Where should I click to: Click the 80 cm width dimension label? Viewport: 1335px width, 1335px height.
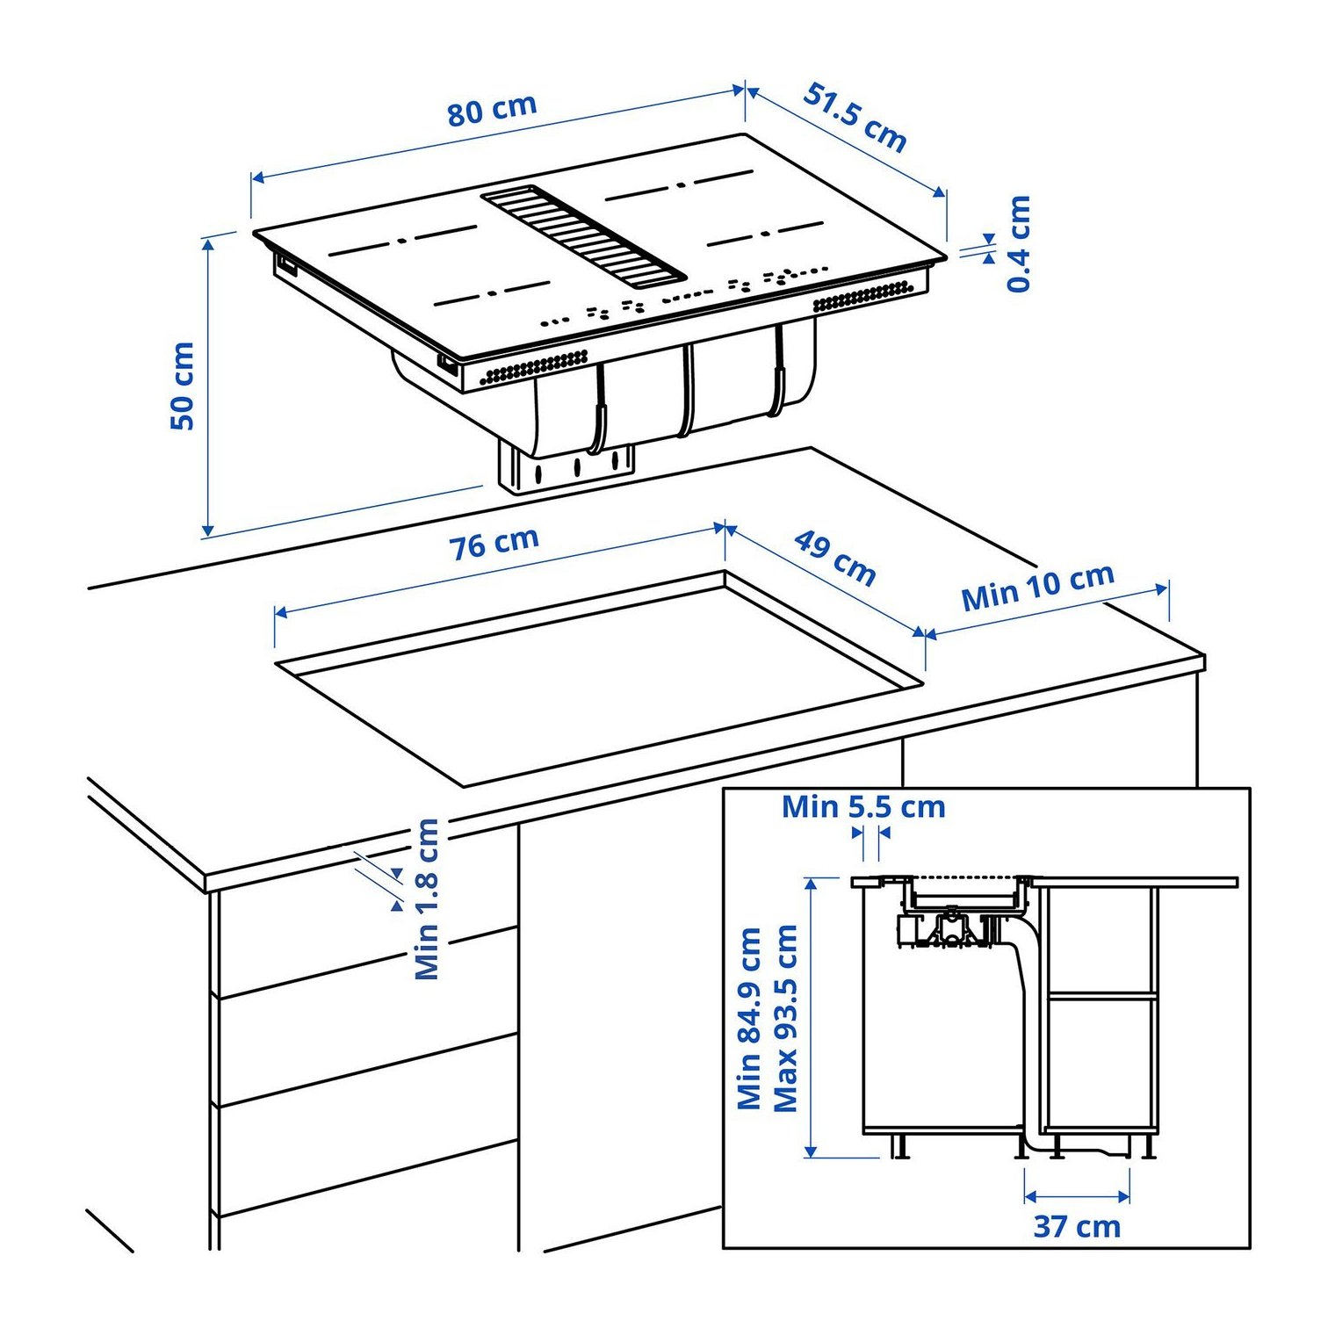(492, 110)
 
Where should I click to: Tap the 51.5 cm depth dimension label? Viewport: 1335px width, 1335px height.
(855, 118)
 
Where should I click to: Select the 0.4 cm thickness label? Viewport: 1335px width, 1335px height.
(1019, 243)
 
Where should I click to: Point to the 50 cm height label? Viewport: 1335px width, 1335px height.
(182, 386)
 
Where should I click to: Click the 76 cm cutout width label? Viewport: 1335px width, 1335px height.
(494, 544)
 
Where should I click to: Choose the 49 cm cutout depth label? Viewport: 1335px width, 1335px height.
(835, 558)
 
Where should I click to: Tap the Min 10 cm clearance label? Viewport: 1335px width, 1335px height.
(1038, 587)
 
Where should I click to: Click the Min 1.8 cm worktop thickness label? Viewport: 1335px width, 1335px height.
(427, 898)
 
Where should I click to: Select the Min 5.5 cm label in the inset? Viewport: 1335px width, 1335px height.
(863, 806)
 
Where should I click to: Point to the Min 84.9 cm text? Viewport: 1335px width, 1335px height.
(749, 1018)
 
